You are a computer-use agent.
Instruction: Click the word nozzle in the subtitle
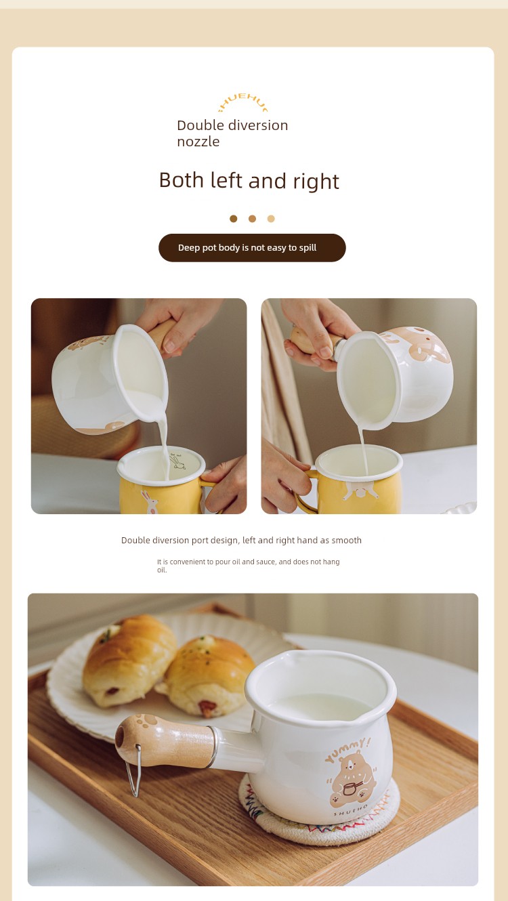click(x=198, y=142)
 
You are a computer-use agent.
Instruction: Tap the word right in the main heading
click(x=316, y=182)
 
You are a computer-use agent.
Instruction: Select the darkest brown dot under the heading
click(x=233, y=219)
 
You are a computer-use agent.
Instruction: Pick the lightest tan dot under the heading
click(x=271, y=219)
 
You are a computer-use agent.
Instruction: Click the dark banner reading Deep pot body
click(x=252, y=248)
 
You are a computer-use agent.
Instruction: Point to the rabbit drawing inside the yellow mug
click(x=177, y=462)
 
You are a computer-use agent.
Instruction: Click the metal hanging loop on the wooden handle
click(x=134, y=770)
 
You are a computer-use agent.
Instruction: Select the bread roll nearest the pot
click(x=206, y=676)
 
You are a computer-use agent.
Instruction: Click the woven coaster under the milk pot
click(x=318, y=820)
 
